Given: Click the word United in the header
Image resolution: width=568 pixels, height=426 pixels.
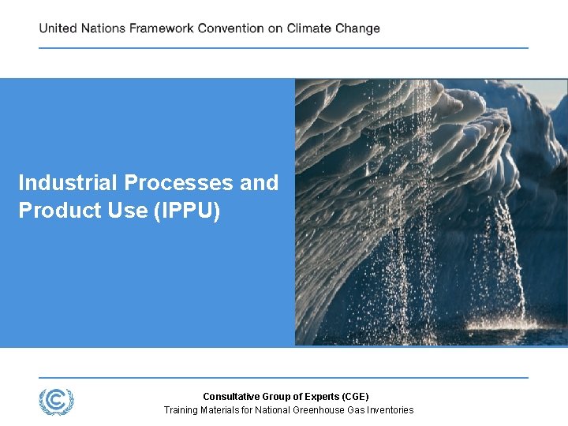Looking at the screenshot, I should (58, 28).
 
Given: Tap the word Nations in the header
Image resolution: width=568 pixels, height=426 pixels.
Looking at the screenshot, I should (103, 28).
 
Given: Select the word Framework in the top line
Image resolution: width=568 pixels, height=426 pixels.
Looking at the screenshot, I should (162, 28).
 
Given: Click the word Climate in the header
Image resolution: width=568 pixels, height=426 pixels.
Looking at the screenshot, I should (314, 28).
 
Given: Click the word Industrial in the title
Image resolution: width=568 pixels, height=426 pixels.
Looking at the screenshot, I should (69, 183).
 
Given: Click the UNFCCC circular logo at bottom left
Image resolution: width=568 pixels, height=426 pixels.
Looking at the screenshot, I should (56, 401).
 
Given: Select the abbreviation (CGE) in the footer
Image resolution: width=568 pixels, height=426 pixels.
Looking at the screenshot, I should (353, 396).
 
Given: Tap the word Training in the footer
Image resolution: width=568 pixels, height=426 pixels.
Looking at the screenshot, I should (181, 409).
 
